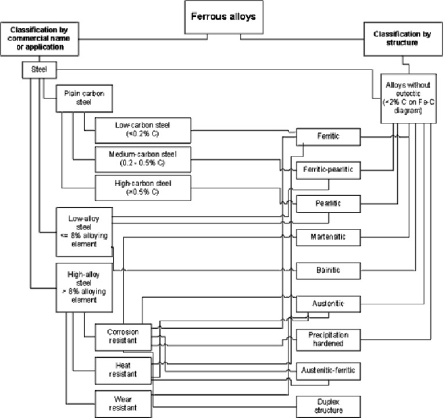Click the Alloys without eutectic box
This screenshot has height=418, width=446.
coord(408,97)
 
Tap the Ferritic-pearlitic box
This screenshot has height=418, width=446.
coord(328,170)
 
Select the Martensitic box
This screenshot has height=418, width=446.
coord(328,237)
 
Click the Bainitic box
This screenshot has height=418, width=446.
coord(328,270)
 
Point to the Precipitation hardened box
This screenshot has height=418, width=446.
coord(328,339)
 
